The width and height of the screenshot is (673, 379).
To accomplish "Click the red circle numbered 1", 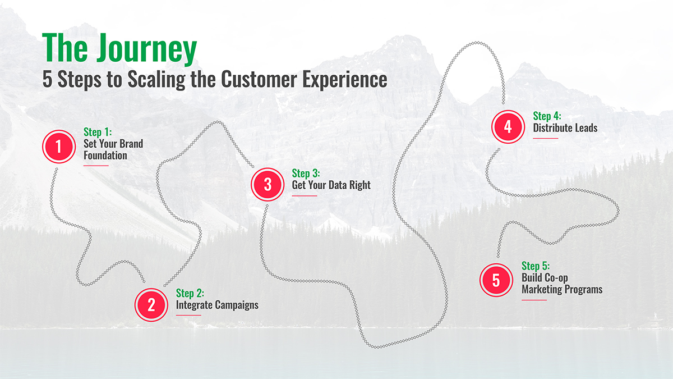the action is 59,147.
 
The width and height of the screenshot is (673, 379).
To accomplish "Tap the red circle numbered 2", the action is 151,305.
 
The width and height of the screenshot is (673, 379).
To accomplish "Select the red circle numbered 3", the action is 268,184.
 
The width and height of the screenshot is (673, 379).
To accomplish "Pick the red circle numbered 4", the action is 508,127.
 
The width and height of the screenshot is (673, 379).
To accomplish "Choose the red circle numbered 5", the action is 496,280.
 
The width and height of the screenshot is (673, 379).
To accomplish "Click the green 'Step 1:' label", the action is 98,132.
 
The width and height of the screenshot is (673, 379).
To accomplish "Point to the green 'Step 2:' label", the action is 190,293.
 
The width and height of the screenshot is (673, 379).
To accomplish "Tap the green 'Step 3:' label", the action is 306,173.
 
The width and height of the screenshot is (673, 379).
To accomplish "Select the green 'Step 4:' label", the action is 547,116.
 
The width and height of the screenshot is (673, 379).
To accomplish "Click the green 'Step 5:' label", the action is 536,266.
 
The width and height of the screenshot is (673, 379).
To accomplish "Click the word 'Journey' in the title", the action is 146,48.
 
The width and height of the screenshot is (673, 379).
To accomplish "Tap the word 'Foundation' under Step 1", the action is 105,156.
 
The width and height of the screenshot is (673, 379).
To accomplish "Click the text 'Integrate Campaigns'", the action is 217,305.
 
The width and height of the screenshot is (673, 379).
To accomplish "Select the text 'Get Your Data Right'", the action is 331,185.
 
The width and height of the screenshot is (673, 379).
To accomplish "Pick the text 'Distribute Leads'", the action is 565,128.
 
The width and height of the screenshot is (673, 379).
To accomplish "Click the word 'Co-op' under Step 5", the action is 556,278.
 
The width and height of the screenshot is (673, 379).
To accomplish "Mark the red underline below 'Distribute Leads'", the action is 546,138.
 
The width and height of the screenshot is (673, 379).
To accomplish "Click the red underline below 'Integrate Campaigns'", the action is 188,315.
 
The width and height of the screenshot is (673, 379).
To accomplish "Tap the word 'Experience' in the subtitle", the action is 344,80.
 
